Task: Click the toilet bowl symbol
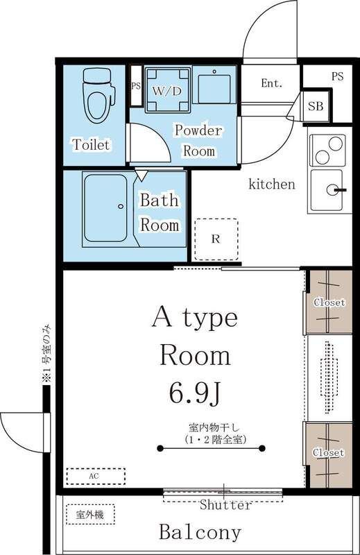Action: [x=98, y=96]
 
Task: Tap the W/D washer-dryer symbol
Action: [x=168, y=90]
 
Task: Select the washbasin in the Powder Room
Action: [x=214, y=86]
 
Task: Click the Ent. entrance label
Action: [x=272, y=83]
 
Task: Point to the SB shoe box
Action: [x=316, y=106]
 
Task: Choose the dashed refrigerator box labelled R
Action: [x=216, y=239]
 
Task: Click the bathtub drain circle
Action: [x=121, y=206]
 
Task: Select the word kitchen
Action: [x=272, y=184]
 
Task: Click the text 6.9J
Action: [x=196, y=393]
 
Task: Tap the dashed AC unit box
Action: [x=96, y=477]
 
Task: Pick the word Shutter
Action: [x=226, y=504]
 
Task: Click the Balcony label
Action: [x=200, y=531]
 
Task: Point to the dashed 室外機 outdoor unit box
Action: [x=90, y=514]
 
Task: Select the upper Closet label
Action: [x=329, y=302]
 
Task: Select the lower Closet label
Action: [x=328, y=453]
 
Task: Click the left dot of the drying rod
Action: [x=160, y=448]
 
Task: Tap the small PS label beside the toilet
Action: [x=136, y=86]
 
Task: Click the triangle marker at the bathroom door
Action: [x=141, y=176]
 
